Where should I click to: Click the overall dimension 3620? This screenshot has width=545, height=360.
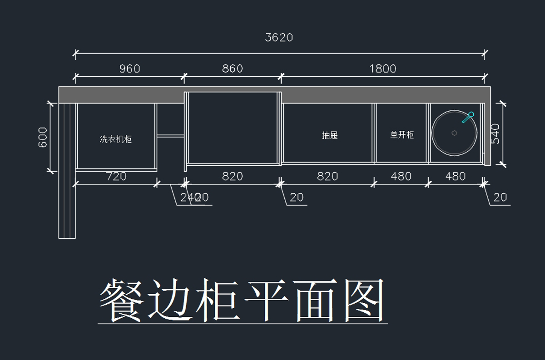(279, 37)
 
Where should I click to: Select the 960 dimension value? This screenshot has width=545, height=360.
(129, 69)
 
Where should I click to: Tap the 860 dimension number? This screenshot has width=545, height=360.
(232, 69)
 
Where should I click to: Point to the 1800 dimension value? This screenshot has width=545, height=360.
(382, 69)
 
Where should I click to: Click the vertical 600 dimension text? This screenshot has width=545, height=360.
(43, 137)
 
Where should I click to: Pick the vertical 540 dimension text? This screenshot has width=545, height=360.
(495, 133)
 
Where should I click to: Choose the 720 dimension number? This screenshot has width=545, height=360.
(116, 176)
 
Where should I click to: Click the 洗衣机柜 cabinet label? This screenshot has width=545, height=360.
(116, 139)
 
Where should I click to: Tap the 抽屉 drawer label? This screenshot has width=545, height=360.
(330, 135)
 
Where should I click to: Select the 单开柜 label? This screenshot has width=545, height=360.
(402, 135)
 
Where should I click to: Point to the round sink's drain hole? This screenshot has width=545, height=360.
(454, 133)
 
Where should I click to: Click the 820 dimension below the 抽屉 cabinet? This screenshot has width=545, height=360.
(327, 176)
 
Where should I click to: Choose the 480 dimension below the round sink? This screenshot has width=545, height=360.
(455, 176)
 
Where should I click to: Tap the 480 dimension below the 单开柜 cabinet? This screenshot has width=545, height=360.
(401, 176)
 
